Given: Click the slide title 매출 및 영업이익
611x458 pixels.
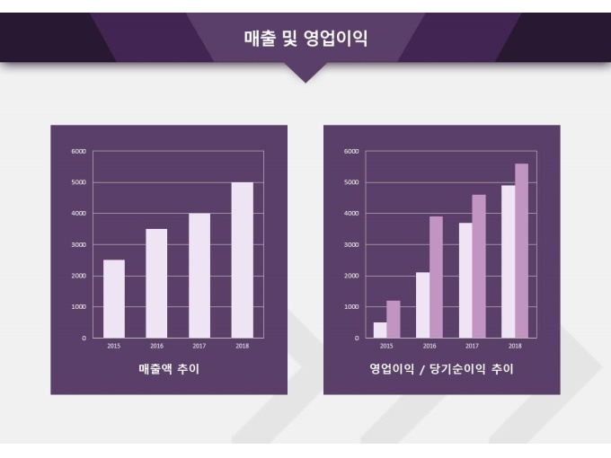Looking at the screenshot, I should (x=305, y=38).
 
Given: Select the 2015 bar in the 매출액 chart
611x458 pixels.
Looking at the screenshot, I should (x=114, y=299).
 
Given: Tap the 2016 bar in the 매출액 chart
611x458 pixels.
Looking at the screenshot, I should (x=156, y=283).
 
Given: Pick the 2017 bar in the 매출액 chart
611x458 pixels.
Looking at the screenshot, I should (x=199, y=276).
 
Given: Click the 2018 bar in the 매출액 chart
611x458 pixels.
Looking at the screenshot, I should (x=242, y=260).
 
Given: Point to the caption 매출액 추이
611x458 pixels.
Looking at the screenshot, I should (x=169, y=368).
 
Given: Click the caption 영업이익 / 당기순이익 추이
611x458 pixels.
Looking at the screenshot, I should (x=441, y=368).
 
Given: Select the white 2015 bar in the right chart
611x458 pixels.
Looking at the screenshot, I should (x=380, y=330).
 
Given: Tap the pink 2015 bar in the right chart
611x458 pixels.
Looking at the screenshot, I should (x=393, y=319).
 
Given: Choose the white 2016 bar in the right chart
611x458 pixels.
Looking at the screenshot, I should (x=422, y=305).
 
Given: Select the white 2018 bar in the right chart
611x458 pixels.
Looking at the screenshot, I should (x=508, y=261).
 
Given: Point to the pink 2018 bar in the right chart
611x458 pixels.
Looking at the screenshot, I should (x=521, y=251).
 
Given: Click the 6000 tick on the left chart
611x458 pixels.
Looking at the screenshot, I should (x=79, y=152).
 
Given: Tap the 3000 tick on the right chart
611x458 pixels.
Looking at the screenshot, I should (x=350, y=244).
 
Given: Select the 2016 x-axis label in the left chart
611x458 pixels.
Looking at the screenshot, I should (x=156, y=346).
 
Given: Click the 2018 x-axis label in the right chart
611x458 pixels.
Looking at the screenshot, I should (x=515, y=346).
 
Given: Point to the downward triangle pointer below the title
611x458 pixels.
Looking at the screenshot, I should (x=305, y=73).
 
